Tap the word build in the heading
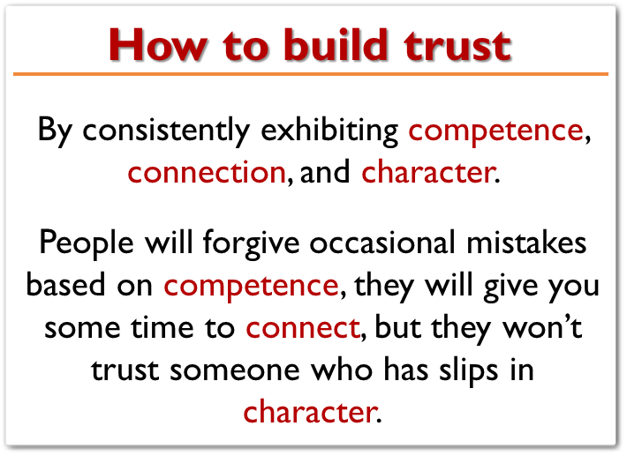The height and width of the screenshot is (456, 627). tap(336, 45)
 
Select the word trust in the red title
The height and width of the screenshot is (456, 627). tap(457, 47)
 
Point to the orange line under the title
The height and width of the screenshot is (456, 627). tap(311, 74)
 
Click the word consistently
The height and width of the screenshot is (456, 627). tap(166, 130)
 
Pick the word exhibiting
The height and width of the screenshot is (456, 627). tap(329, 130)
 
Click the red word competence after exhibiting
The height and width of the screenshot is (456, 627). tap(495, 131)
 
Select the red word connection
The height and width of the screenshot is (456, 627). tap(207, 172)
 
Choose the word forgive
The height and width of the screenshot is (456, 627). tap(251, 244)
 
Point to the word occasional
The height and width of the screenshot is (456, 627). tap(382, 243)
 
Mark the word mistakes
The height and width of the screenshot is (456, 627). tap(526, 243)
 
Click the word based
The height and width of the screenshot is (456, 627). tap(65, 284)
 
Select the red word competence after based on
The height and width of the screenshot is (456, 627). tap(251, 287)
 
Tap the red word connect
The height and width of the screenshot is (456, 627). tap(303, 328)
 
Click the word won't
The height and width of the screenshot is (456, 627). tap(542, 327)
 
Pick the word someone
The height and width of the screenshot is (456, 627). tap(235, 370)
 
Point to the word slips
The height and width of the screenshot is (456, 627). tap(469, 370)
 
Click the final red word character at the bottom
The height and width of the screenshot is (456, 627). tap(310, 411)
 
